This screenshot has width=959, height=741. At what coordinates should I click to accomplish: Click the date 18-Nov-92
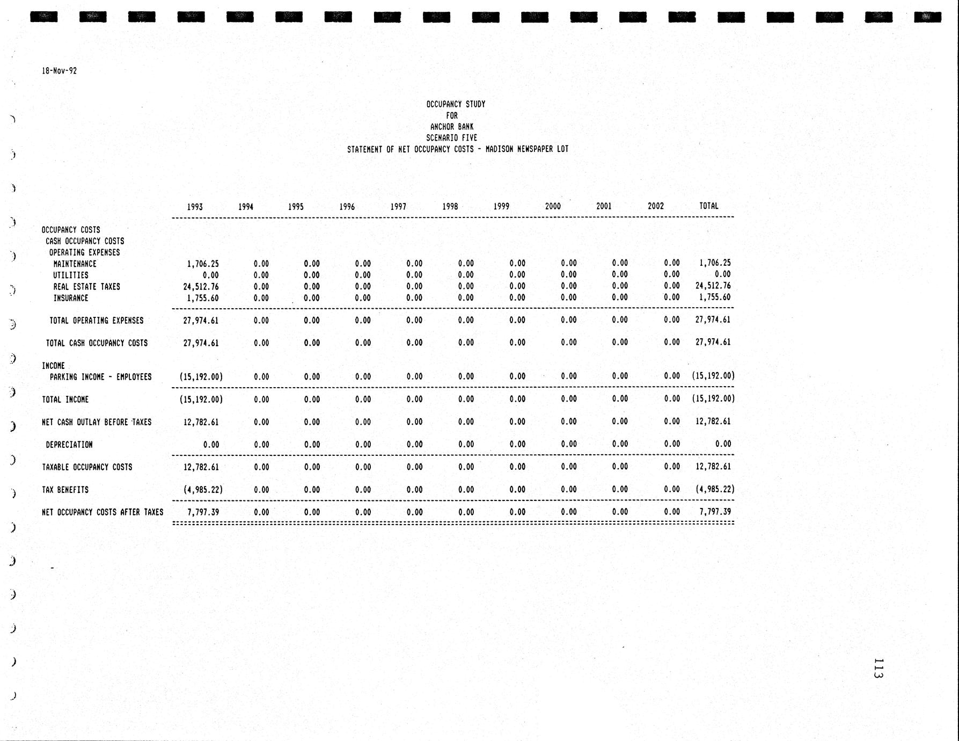click(x=59, y=71)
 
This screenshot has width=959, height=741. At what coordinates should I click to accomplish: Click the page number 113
click(x=878, y=668)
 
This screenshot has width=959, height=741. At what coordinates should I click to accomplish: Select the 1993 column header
click(x=195, y=207)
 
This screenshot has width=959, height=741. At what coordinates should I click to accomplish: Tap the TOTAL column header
click(x=708, y=206)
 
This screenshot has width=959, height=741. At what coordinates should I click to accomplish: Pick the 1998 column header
click(x=450, y=206)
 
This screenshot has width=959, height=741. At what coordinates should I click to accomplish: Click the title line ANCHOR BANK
click(x=452, y=127)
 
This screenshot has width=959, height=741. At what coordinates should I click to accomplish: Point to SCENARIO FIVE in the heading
click(x=451, y=138)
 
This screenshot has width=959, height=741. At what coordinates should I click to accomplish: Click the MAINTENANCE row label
click(x=75, y=264)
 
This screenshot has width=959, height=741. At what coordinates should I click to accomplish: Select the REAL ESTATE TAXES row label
click(x=86, y=287)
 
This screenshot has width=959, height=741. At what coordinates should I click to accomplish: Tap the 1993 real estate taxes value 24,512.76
click(x=201, y=287)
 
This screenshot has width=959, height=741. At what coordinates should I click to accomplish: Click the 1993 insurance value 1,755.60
click(x=202, y=298)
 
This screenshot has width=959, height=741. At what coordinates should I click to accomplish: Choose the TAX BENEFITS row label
click(x=65, y=490)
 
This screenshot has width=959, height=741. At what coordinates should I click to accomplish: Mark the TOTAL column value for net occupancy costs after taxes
click(x=715, y=512)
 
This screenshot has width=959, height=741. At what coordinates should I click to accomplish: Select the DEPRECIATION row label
click(x=69, y=445)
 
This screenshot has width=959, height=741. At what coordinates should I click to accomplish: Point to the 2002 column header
click(x=655, y=206)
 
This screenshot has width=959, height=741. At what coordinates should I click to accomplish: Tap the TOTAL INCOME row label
click(x=65, y=399)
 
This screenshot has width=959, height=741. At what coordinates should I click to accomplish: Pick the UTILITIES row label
click(x=70, y=275)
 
